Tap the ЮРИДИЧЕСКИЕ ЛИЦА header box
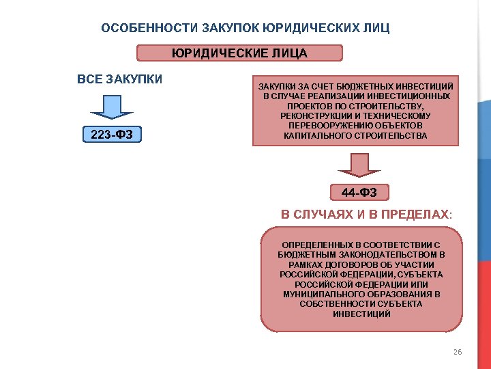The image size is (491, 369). click(x=239, y=53)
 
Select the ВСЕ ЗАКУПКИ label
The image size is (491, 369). click(x=120, y=79)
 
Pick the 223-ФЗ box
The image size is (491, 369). click(x=112, y=135)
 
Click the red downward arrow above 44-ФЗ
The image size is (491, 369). click(x=354, y=165)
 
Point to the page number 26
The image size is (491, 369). click(x=457, y=352)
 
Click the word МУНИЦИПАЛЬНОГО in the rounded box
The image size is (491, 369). click(x=319, y=294)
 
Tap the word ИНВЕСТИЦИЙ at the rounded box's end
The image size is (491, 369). click(x=361, y=314)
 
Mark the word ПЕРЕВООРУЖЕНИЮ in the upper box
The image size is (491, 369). click(x=331, y=126)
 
